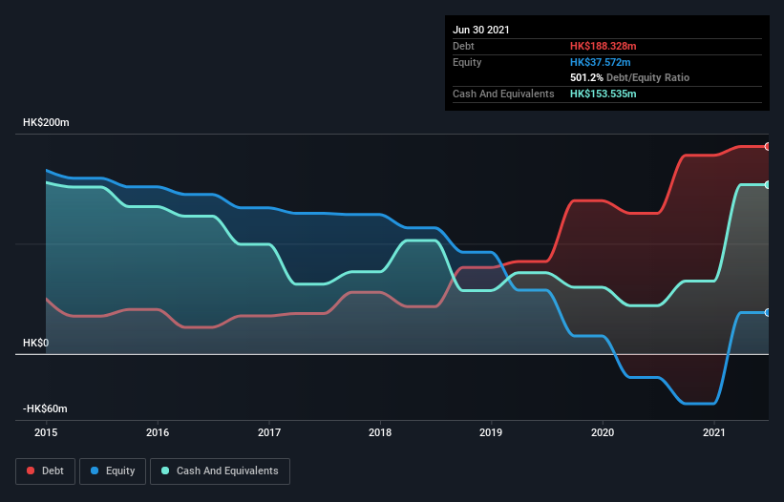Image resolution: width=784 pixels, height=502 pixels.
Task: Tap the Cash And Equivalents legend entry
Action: [220, 471]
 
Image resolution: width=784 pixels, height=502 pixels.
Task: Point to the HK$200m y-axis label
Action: [47, 123]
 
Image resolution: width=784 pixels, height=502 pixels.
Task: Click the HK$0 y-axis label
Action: [36, 343]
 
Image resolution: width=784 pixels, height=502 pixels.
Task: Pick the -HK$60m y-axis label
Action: [47, 408]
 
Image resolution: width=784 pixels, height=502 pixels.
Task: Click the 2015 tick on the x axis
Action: [46, 432]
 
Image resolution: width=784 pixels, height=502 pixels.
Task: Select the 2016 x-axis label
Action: [158, 432]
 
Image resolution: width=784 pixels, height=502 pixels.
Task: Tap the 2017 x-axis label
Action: [269, 432]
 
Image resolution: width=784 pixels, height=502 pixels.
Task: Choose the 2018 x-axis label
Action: [380, 432]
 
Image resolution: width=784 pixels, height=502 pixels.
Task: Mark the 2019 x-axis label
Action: [492, 432]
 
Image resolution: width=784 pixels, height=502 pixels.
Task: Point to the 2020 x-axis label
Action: [603, 432]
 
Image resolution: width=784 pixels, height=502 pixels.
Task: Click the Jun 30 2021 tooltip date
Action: [481, 30]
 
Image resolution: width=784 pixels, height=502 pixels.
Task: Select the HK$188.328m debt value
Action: [603, 46]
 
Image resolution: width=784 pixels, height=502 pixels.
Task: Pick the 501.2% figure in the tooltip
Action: [587, 77]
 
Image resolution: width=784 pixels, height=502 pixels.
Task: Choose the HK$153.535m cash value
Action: [603, 94]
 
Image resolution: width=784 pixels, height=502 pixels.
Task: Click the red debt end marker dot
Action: [768, 146]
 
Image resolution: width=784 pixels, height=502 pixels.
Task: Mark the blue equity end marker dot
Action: [768, 312]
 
